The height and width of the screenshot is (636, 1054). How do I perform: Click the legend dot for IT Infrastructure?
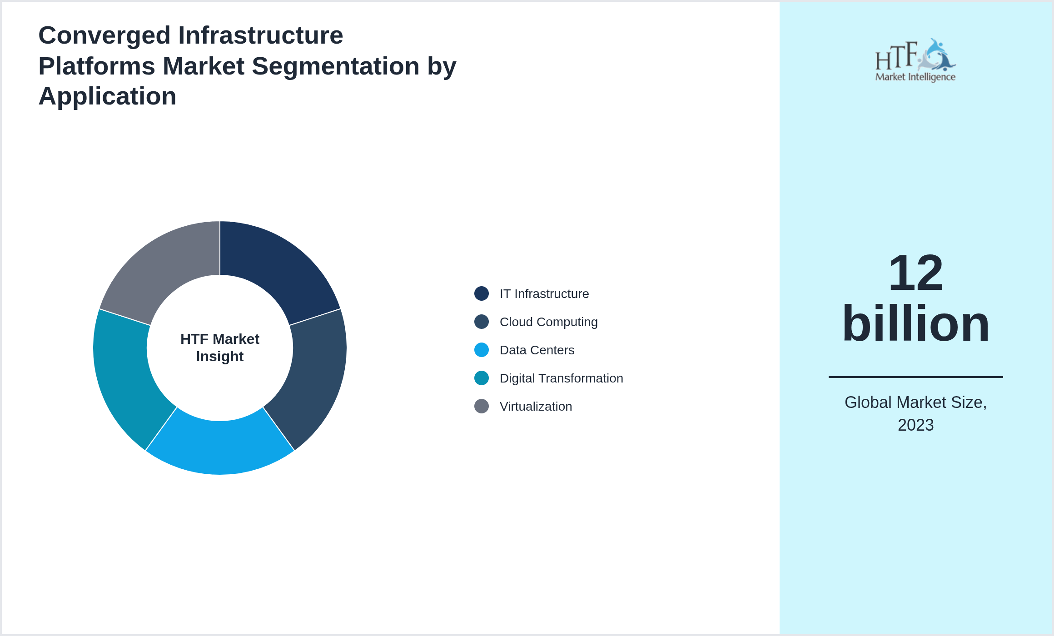pyautogui.click(x=481, y=293)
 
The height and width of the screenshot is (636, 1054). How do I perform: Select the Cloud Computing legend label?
pyautogui.click(x=548, y=322)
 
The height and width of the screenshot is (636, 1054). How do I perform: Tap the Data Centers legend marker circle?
pyautogui.click(x=481, y=350)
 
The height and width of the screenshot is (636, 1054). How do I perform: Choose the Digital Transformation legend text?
pyautogui.click(x=561, y=378)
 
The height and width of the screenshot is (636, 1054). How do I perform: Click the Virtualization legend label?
pyautogui.click(x=536, y=407)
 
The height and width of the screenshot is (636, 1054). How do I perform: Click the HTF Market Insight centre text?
pyautogui.click(x=220, y=348)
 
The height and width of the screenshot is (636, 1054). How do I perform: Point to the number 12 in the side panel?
pyautogui.click(x=915, y=273)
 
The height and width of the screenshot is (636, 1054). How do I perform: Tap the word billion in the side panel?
pyautogui.click(x=915, y=323)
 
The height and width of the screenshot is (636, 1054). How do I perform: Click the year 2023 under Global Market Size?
pyautogui.click(x=915, y=425)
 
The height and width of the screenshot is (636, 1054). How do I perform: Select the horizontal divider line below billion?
pyautogui.click(x=915, y=377)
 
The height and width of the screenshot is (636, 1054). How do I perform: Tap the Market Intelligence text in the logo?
pyautogui.click(x=915, y=77)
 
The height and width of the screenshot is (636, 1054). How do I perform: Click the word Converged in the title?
pyautogui.click(x=104, y=35)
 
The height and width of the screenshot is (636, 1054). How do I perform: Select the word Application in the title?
pyautogui.click(x=107, y=96)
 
